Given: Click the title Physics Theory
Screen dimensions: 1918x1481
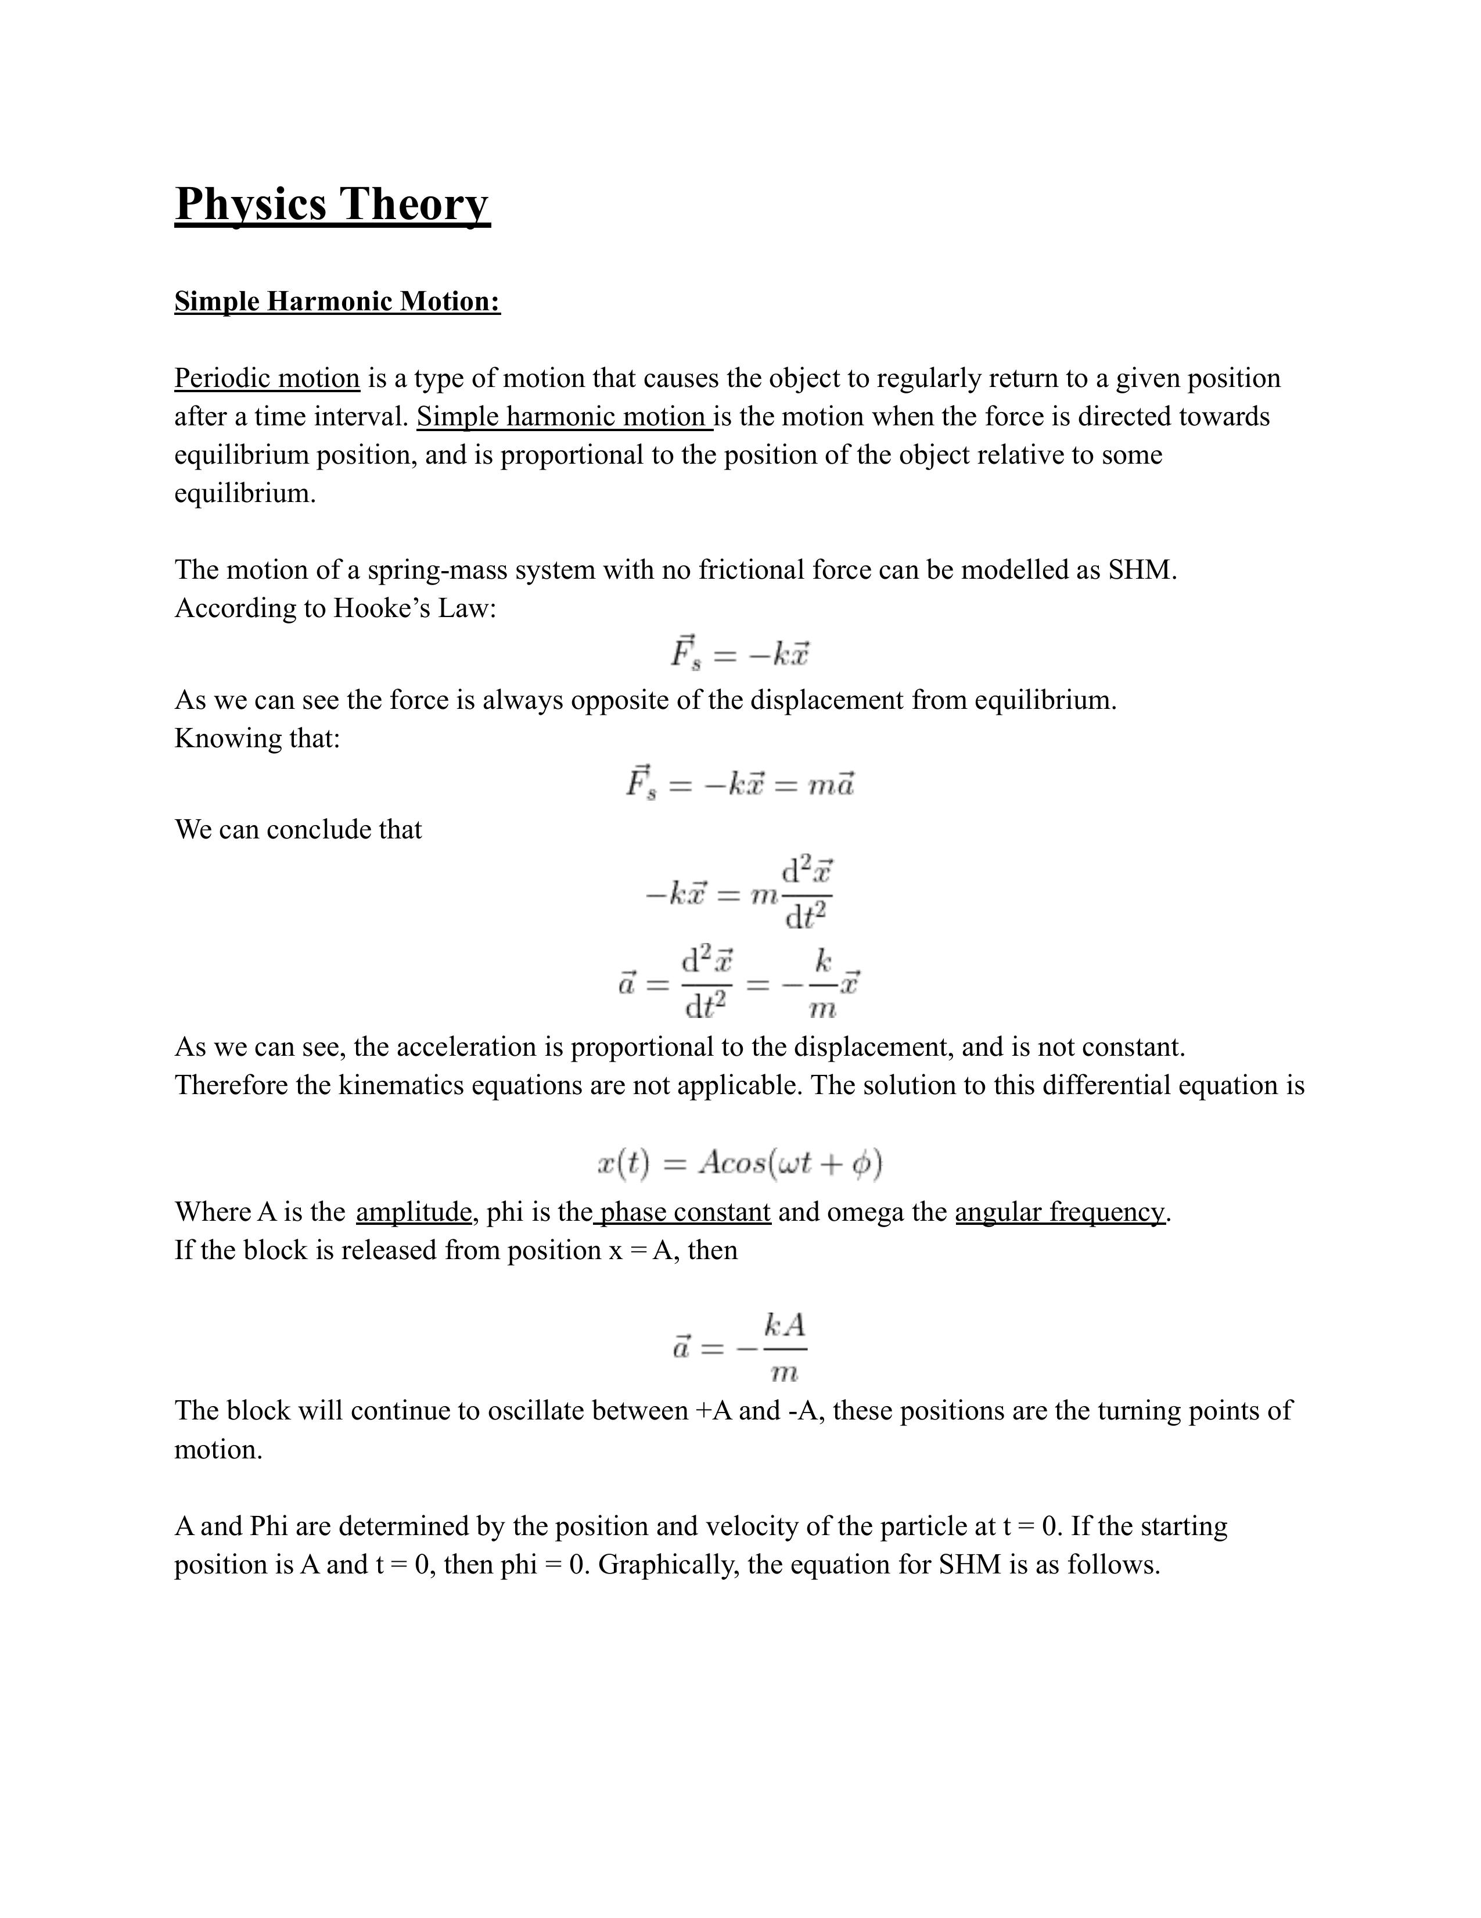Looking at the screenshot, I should tap(332, 204).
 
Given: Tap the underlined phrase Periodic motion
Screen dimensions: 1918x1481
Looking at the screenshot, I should tap(267, 378).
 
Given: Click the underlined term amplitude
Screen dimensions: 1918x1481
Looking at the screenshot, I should tap(414, 1212).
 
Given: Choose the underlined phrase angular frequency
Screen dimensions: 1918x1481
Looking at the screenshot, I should tap(1059, 1212).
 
